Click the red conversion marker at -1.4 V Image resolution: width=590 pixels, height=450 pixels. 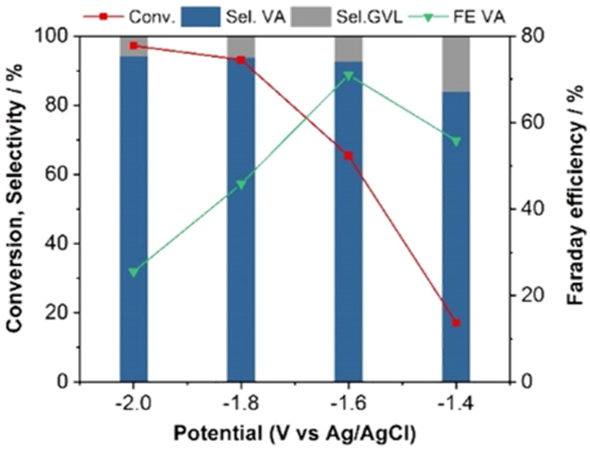(x=456, y=323)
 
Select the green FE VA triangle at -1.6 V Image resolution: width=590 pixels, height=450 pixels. (x=348, y=76)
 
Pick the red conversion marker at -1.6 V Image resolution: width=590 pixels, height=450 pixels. (x=348, y=156)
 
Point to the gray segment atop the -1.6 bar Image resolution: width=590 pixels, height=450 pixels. (x=348, y=49)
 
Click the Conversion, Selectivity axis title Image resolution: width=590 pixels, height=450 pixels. (x=15, y=198)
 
